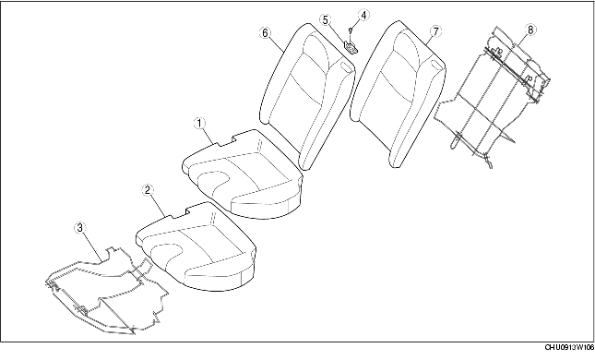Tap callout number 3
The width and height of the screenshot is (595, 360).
[x=80, y=226]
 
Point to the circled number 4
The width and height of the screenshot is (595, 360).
[x=363, y=16]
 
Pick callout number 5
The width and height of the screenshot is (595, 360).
[x=326, y=19]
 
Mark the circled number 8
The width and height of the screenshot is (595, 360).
[x=530, y=30]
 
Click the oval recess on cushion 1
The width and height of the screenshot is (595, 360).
[x=219, y=179]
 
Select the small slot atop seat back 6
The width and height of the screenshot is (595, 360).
[x=344, y=67]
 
